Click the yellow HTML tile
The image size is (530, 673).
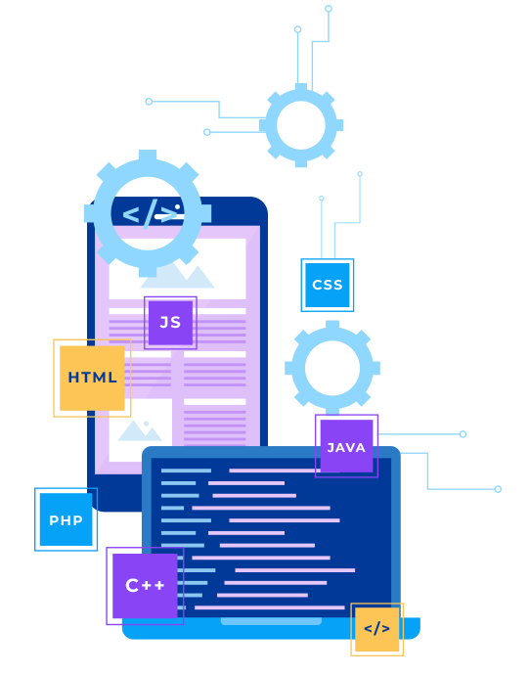[x=92, y=378]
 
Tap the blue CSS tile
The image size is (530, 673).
[x=327, y=285]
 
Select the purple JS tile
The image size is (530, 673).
[x=170, y=323]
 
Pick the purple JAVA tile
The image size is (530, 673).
[x=346, y=446]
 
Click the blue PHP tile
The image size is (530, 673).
[x=66, y=519]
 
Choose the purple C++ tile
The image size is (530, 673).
[x=145, y=585]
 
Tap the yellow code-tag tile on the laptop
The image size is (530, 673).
[x=376, y=629]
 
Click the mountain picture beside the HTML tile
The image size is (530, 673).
[x=140, y=430]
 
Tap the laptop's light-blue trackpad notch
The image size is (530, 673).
[x=271, y=621]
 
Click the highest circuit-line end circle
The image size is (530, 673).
[x=329, y=9]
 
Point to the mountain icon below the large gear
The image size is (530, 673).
[x=177, y=277]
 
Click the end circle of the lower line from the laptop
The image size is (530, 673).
[x=498, y=489]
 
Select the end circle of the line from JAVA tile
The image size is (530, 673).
[x=463, y=434]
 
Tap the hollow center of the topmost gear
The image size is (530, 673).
[x=301, y=125]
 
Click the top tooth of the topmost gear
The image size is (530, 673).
[x=301, y=87]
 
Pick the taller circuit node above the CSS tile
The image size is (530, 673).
[x=360, y=174]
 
